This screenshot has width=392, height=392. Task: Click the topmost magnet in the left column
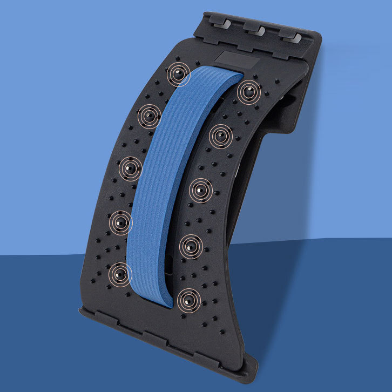click(178, 73)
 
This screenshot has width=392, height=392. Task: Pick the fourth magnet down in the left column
click(120, 221)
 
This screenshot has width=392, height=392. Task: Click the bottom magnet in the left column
click(120, 274)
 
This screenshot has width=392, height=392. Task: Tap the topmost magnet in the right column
click(248, 93)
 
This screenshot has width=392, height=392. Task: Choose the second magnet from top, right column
click(221, 136)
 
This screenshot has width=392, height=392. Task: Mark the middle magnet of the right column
click(201, 190)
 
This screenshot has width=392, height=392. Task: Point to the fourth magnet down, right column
click(191, 246)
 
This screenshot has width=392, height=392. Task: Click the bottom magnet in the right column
click(188, 300)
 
